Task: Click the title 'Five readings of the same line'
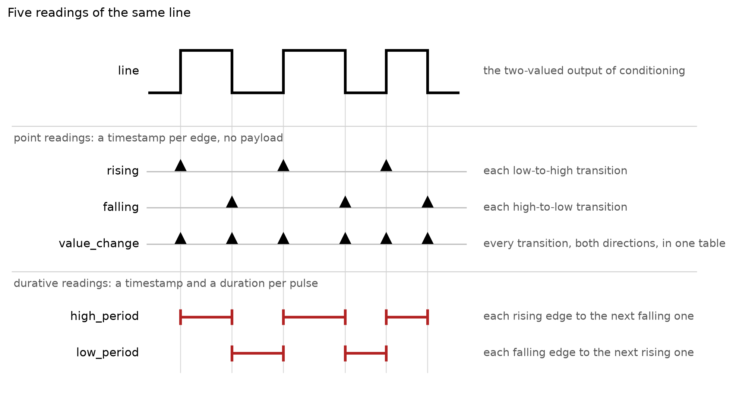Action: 99,13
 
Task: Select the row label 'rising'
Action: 123,171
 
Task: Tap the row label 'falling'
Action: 121,207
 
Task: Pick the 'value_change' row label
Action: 99,243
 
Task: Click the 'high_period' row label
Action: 104,316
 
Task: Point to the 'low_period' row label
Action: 107,352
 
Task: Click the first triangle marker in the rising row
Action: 181,166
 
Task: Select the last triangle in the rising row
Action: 386,166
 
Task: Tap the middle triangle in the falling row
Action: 345,202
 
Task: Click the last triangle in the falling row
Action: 428,202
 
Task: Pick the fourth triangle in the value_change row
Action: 345,238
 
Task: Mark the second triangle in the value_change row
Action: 232,238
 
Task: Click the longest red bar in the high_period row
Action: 315,317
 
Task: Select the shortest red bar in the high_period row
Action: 407,317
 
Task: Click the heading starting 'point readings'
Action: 148,138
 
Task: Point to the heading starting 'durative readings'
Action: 166,284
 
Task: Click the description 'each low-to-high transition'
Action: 555,171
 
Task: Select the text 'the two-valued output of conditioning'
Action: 584,71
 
